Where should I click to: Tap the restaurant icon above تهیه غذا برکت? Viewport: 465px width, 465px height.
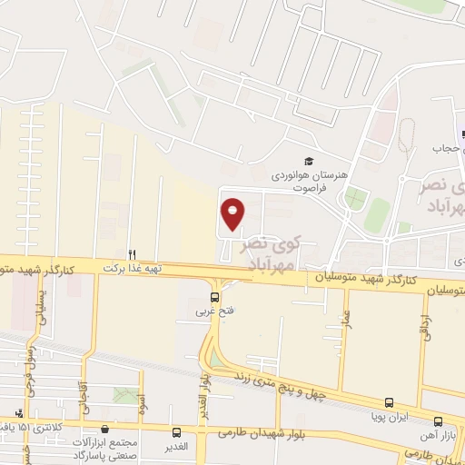[133, 254]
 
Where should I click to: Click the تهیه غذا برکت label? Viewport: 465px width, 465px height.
[133, 269]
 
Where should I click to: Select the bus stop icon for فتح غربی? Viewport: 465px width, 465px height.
[215, 296]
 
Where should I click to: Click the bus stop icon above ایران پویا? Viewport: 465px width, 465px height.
[390, 402]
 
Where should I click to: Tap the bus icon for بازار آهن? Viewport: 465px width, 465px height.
[439, 421]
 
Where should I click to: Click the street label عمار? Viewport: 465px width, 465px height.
[347, 322]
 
